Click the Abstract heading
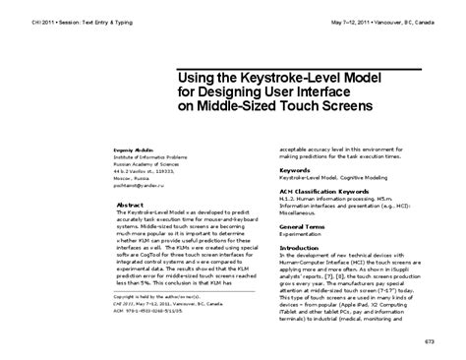click(131, 205)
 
